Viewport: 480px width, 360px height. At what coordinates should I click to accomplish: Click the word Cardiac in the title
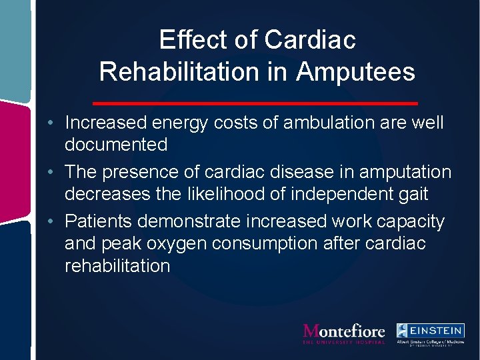[310, 40]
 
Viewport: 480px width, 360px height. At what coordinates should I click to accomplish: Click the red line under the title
[255, 103]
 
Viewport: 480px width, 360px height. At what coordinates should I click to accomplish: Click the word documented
[116, 145]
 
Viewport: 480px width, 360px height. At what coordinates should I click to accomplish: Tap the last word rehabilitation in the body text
[117, 265]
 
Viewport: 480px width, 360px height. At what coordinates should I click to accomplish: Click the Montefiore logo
[344, 333]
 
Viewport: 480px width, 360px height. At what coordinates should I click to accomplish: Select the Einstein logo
[430, 333]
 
